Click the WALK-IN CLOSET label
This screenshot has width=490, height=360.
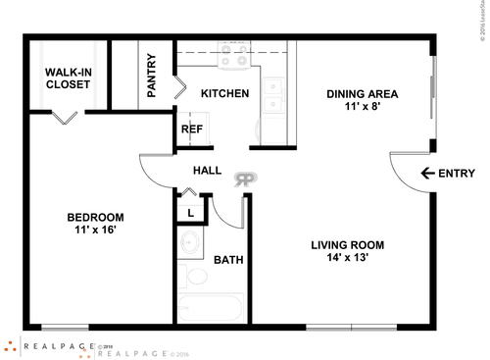(x=68, y=77)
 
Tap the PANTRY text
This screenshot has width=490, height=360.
(x=152, y=75)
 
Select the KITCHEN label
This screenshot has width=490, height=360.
(x=224, y=94)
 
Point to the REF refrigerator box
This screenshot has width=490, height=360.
(x=191, y=129)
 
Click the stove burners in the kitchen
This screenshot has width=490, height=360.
(x=234, y=61)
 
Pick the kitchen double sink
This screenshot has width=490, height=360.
(x=275, y=93)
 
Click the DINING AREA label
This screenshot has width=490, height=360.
(x=362, y=94)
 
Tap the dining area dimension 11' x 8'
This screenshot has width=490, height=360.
(x=362, y=109)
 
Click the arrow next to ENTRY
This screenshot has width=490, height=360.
(x=426, y=174)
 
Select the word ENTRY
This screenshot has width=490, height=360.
(x=456, y=174)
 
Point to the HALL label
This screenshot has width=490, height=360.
(x=207, y=171)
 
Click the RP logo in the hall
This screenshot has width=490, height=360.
(x=244, y=179)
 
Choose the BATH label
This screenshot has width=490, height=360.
(x=228, y=260)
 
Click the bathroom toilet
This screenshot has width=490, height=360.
(x=197, y=275)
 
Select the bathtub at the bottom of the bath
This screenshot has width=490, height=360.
(x=212, y=309)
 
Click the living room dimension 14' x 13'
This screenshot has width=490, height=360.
(x=347, y=260)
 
